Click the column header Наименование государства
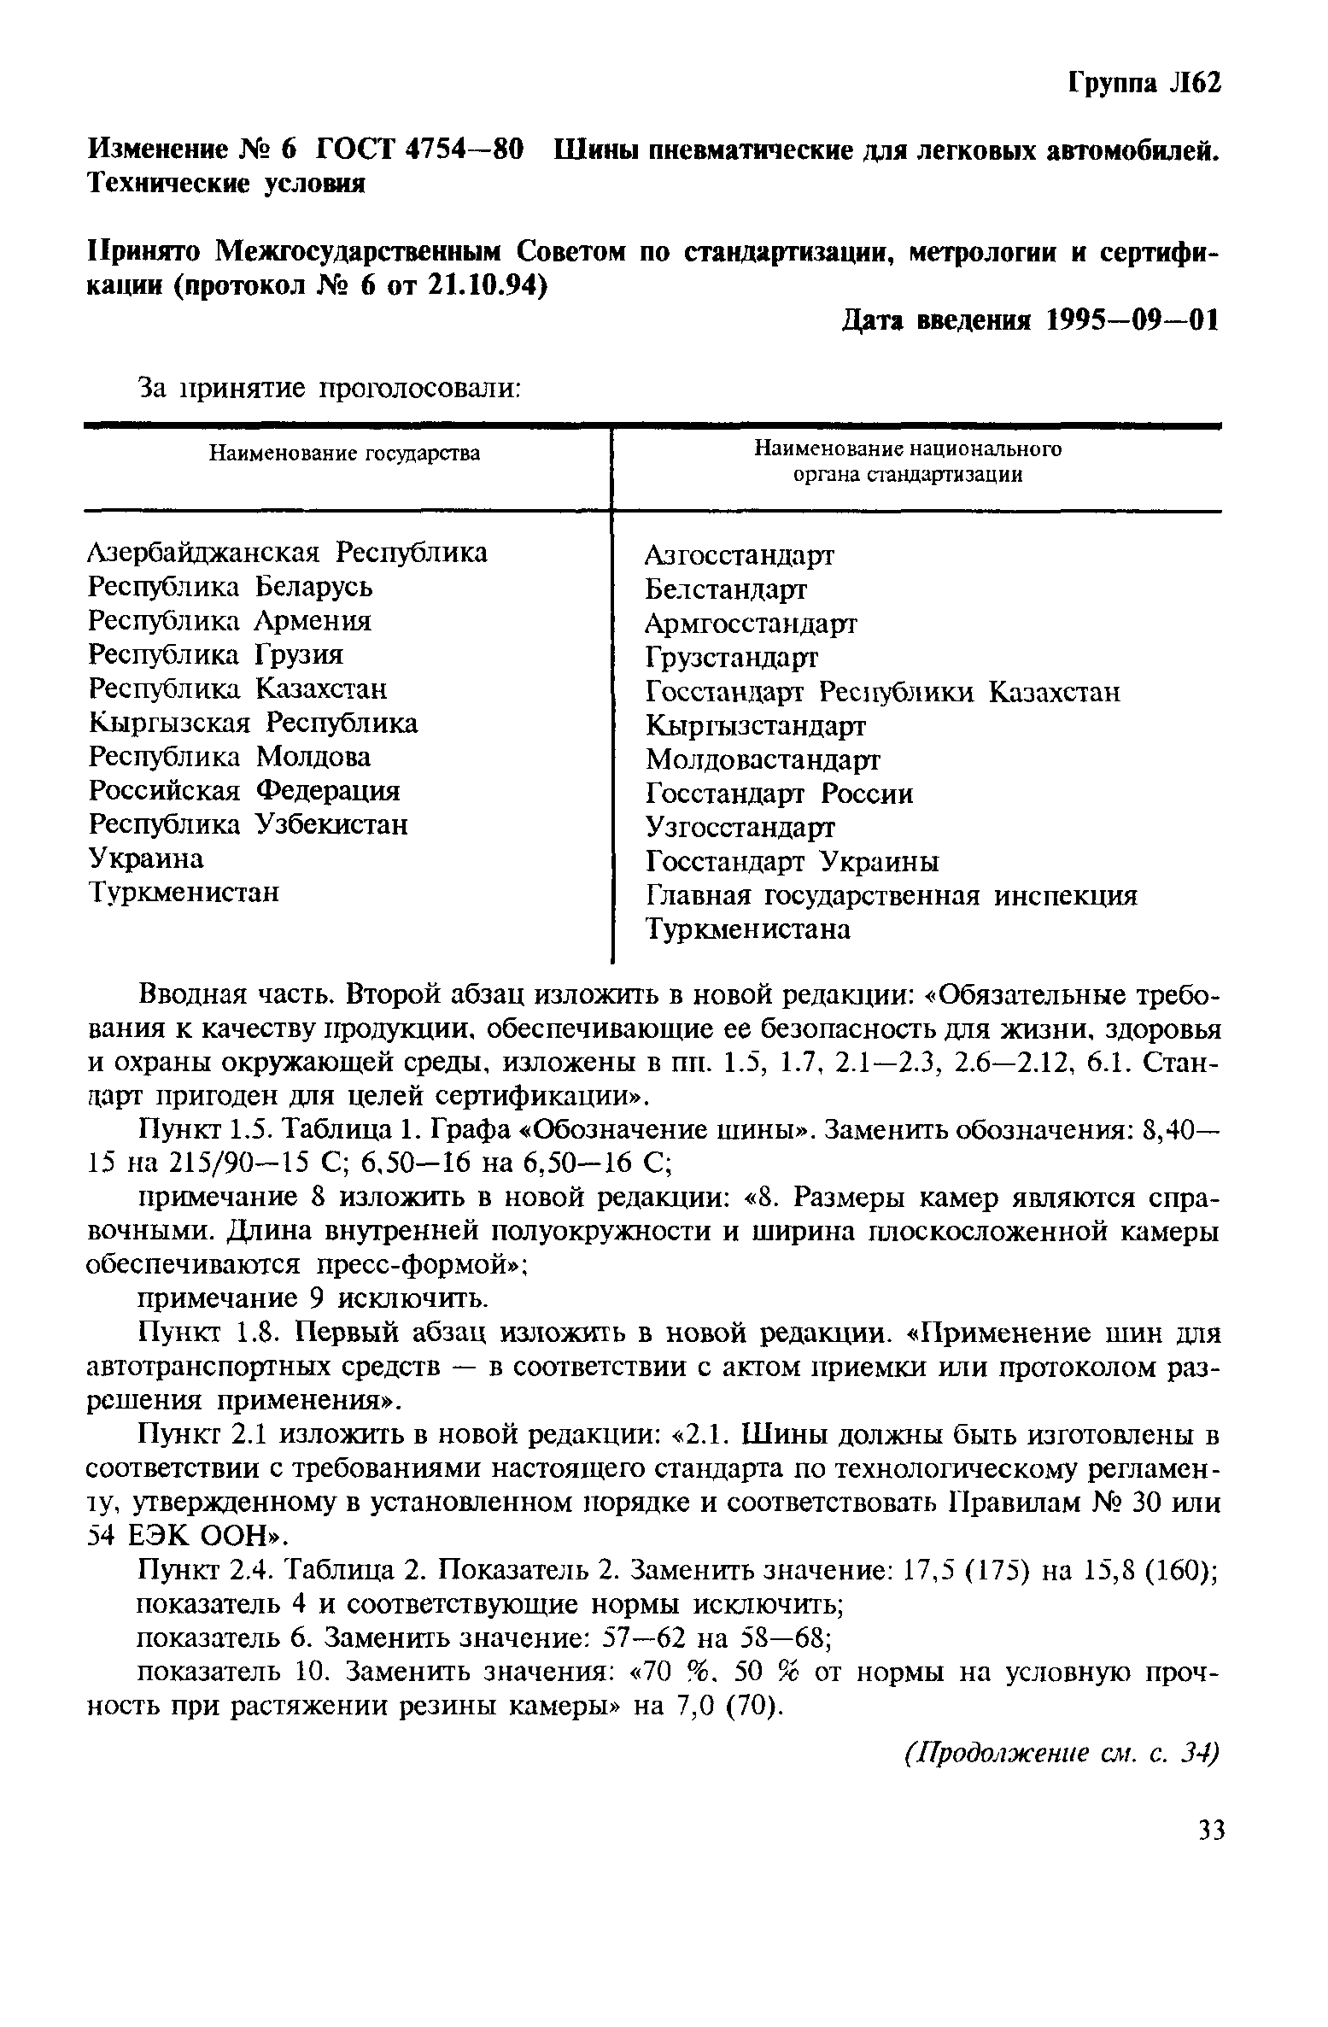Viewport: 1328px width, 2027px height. click(x=345, y=454)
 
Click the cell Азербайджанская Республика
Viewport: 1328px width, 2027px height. click(x=288, y=553)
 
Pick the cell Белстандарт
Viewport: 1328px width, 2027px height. click(x=725, y=589)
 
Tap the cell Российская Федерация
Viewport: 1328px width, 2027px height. click(x=244, y=791)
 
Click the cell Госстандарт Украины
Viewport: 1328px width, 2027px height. click(x=792, y=862)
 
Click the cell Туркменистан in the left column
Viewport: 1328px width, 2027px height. click(x=184, y=893)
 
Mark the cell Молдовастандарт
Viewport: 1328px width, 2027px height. click(x=763, y=759)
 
